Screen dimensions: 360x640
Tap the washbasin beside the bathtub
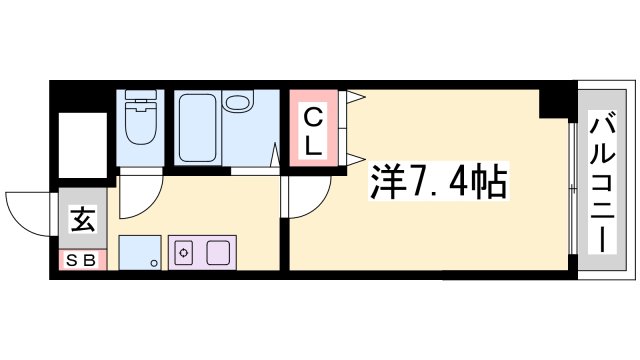coord(239,104)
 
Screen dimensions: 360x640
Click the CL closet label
coord(313,131)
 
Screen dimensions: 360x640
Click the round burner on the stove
coord(183,254)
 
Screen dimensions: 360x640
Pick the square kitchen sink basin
coord(218,252)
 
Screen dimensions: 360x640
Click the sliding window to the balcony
coord(571,190)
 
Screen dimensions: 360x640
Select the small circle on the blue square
coord(153,263)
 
